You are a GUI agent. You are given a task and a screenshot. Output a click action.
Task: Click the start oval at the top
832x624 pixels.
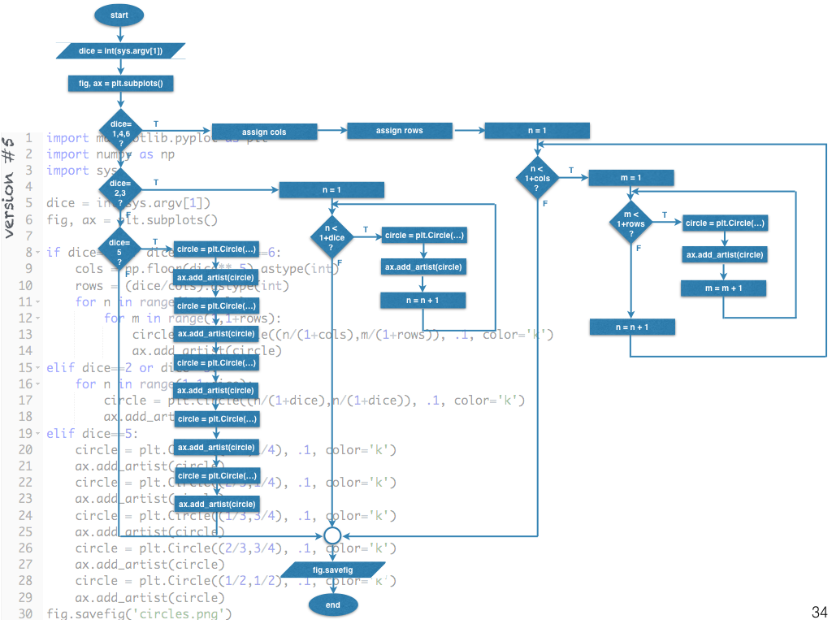[x=120, y=15]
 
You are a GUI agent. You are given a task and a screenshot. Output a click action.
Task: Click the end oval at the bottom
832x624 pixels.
[x=332, y=604]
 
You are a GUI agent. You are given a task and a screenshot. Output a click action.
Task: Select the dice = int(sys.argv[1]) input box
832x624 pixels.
[x=120, y=51]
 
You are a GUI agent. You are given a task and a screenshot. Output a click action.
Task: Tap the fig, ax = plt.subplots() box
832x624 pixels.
[x=120, y=83]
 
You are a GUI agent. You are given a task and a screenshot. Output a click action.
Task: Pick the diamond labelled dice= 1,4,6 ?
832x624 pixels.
[x=121, y=132]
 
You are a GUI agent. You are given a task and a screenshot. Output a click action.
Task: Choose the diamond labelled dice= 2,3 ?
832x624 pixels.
[x=119, y=189]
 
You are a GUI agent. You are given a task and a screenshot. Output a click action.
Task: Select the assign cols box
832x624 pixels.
[x=264, y=132]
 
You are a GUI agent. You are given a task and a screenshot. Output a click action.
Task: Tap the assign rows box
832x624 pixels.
[x=400, y=130]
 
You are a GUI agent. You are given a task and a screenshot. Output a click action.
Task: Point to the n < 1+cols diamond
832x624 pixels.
[x=537, y=179]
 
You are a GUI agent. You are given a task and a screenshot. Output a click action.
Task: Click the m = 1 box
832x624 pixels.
[x=631, y=178]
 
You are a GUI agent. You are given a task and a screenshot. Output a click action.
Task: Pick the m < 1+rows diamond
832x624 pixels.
[x=631, y=223]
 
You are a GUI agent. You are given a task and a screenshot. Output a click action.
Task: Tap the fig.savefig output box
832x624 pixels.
[x=332, y=570]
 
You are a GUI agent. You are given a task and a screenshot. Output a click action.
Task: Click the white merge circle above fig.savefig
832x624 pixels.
[x=332, y=536]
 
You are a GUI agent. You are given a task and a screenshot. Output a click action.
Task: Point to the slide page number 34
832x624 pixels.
[x=818, y=612]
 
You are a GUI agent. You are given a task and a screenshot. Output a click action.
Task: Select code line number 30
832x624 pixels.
[x=24, y=613]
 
